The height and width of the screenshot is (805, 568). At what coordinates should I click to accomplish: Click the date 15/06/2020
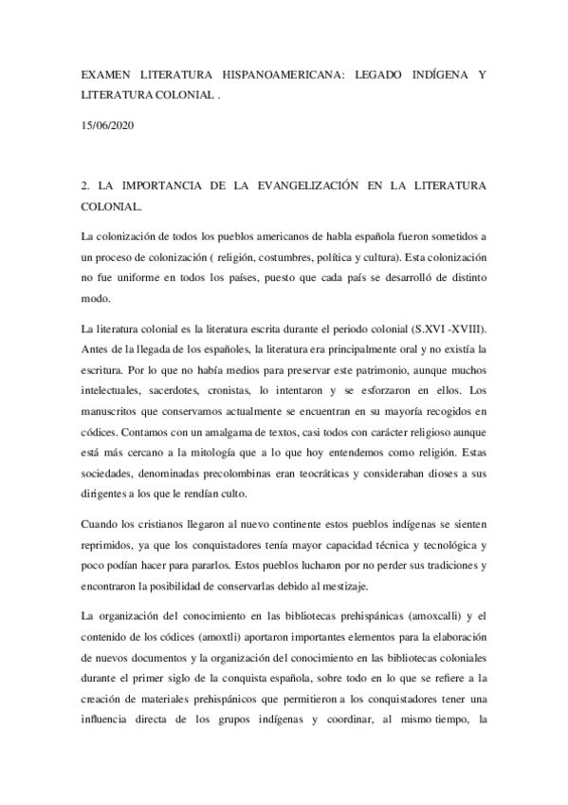(107, 124)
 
